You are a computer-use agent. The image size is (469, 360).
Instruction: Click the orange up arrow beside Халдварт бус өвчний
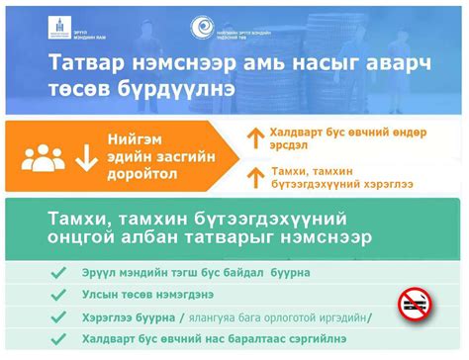pos(251,138)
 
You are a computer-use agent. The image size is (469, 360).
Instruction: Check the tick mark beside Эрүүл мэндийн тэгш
pos(58,271)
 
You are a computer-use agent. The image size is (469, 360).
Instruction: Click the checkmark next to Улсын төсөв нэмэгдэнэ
pos(58,294)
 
